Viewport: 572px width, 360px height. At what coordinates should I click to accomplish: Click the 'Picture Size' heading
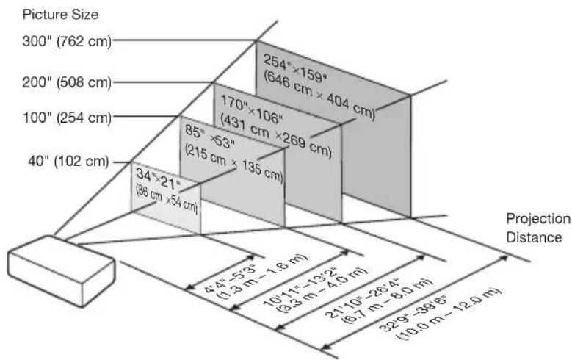(60, 15)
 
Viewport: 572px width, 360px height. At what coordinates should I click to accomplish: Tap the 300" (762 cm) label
(67, 41)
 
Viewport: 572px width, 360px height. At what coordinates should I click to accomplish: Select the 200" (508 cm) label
(67, 82)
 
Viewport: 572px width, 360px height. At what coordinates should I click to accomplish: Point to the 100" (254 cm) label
(68, 118)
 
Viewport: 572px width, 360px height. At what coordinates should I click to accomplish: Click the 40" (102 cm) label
(69, 161)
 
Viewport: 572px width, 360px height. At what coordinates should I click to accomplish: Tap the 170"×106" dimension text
(252, 109)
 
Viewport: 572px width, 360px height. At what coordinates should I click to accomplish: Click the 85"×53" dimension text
(210, 137)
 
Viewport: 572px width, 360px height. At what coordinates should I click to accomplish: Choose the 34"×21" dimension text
(159, 179)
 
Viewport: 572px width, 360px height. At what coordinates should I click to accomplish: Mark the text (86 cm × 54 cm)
(167, 199)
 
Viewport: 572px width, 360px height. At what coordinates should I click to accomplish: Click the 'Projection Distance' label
(537, 228)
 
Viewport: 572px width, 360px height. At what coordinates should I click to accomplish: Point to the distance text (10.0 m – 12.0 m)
(449, 314)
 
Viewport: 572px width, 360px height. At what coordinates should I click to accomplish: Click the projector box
(61, 270)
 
